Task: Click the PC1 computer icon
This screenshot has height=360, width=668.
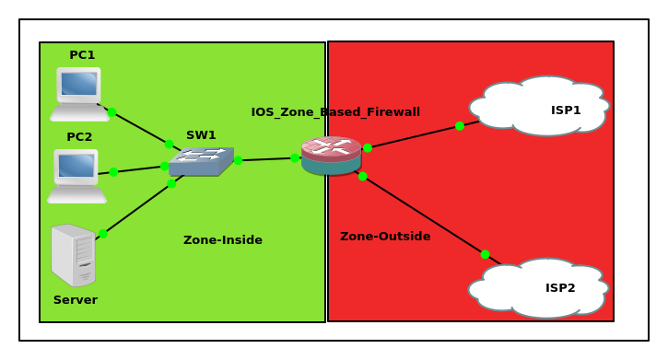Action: pos(79,93)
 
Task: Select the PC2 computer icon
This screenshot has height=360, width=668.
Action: pos(77,175)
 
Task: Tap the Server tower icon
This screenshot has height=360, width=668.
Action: pos(74,255)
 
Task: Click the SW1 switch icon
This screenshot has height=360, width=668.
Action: pos(201,161)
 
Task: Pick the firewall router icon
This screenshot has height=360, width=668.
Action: pos(331,156)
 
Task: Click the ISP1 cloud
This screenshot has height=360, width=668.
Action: pos(540,106)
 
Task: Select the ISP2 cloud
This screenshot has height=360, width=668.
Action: pos(539,287)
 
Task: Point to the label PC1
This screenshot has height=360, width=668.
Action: pos(82,55)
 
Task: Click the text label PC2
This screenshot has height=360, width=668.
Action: pos(79,137)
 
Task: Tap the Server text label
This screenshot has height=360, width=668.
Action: pos(75,300)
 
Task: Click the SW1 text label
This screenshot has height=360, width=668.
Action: pos(201,135)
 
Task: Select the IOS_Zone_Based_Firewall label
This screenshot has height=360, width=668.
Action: pos(335,112)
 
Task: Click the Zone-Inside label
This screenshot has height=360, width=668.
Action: pos(222,240)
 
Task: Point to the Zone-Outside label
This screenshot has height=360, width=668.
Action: pos(385,237)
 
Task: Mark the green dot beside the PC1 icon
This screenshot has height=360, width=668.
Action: pos(111,112)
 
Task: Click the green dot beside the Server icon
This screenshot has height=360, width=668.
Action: pos(103,234)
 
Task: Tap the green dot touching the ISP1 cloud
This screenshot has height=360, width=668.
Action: pos(460,126)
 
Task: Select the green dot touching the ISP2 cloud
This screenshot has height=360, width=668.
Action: pos(485,254)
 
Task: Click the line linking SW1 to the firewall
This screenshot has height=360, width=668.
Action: pos(267,159)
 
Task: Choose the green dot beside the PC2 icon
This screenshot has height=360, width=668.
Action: pos(113,172)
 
